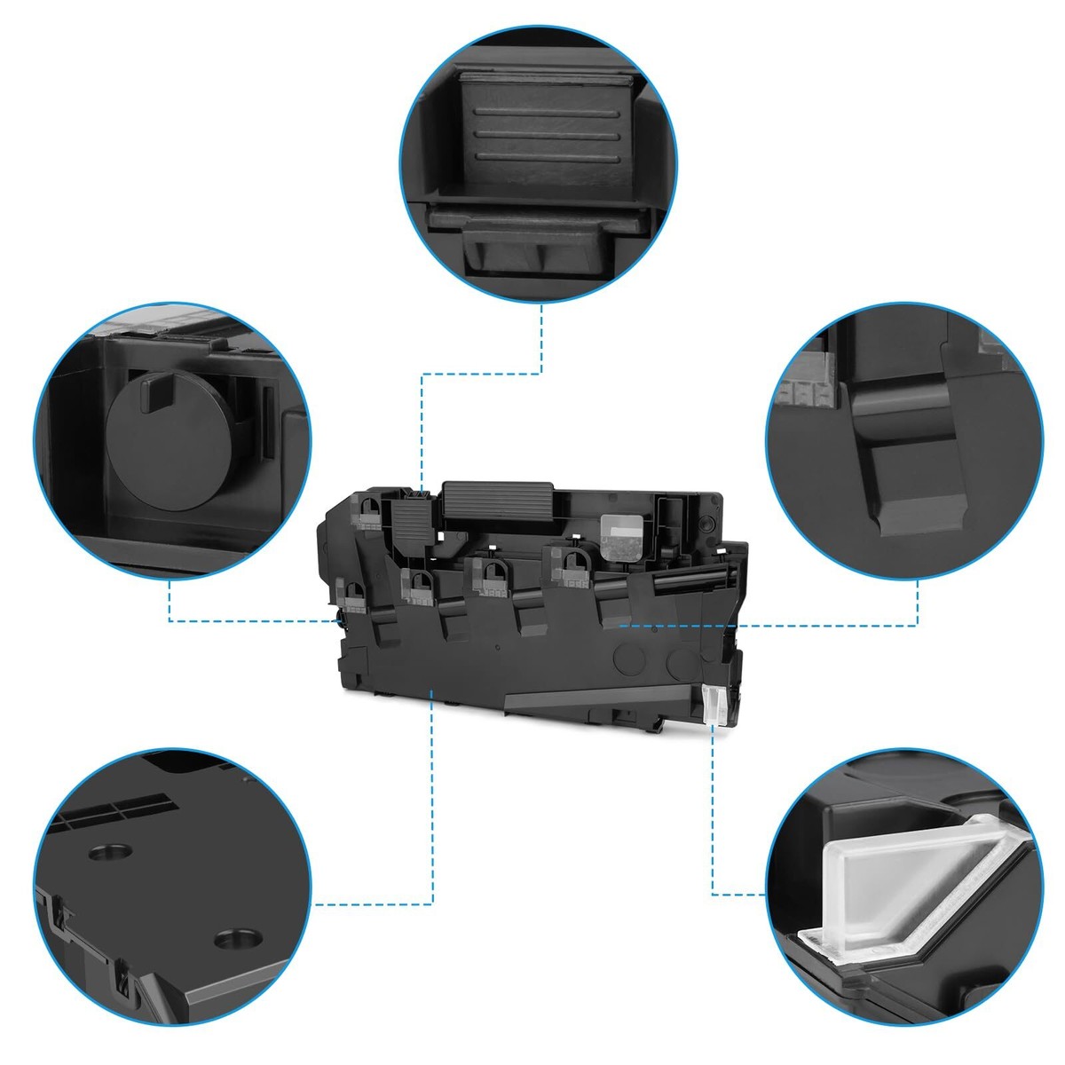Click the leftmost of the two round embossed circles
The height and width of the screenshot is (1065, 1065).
(631, 659)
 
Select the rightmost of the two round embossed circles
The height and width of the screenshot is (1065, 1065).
(681, 659)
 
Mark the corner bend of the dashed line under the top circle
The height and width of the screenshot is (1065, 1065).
(542, 374)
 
